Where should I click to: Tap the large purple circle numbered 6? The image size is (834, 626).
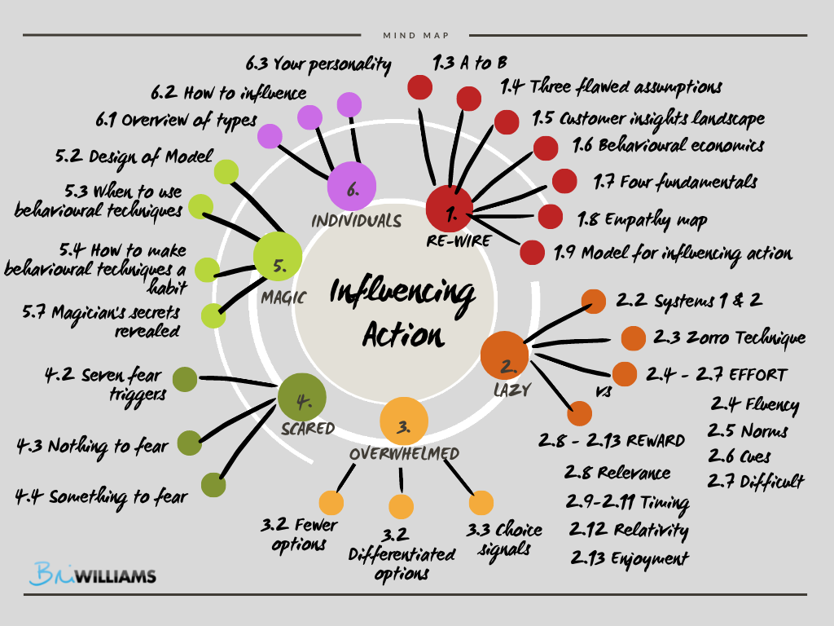(351, 187)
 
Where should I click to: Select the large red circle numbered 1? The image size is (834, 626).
(450, 209)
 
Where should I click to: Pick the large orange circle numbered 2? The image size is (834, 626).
(505, 355)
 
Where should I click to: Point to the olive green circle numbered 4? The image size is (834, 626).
(302, 399)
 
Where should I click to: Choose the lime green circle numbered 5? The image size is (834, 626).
(278, 257)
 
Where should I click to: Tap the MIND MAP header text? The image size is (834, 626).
(415, 35)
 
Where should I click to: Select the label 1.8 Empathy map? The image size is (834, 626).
(642, 218)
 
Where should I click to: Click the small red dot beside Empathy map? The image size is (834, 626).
(551, 217)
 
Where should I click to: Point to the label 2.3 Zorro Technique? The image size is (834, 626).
(729, 337)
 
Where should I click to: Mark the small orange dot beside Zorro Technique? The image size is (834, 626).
(633, 337)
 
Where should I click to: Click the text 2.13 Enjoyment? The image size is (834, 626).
(629, 558)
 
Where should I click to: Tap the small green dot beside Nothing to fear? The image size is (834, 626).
(189, 443)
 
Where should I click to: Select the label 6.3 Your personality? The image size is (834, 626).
(318, 64)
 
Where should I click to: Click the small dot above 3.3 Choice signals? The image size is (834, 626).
(481, 503)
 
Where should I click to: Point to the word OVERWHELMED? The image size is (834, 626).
(405, 453)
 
